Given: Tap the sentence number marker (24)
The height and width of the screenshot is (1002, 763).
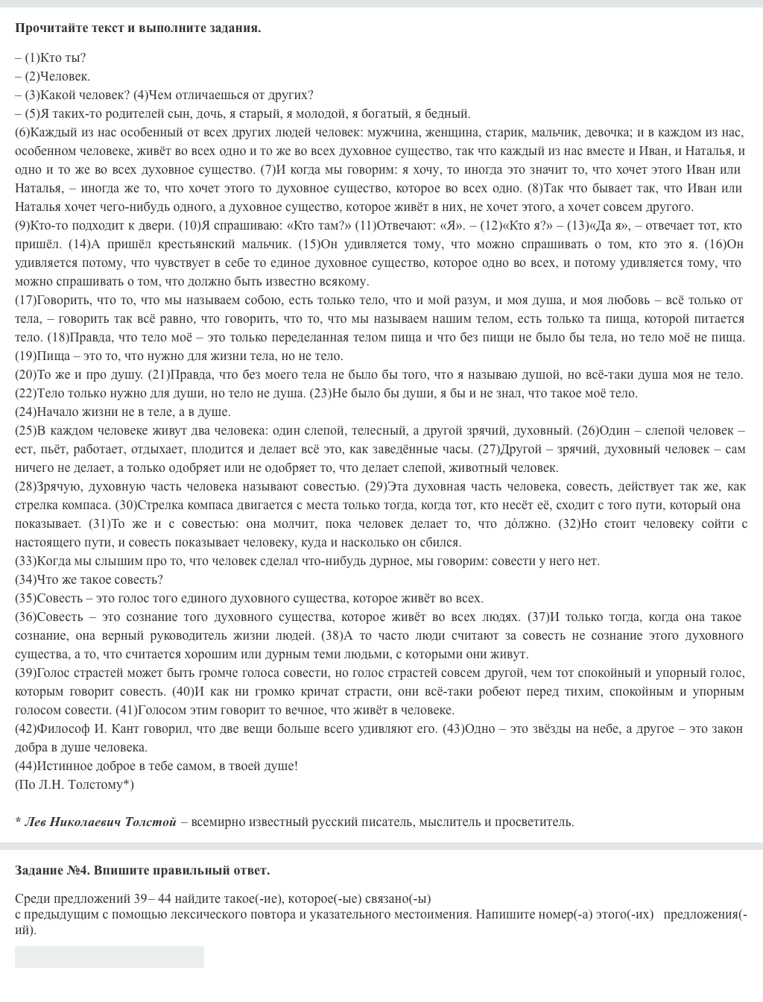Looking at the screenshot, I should [x=25, y=412].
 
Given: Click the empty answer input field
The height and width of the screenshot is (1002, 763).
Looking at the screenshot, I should [x=110, y=957].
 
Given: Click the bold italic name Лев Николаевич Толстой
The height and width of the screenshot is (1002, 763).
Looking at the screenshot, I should [x=101, y=822].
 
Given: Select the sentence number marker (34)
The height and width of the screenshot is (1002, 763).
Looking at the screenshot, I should [x=25, y=579].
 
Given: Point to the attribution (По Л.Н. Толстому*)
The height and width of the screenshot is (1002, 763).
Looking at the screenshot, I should [x=75, y=784].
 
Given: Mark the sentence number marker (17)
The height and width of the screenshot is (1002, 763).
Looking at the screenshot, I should [x=25, y=300].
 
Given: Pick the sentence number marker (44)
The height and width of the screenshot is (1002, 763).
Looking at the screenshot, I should [x=25, y=766].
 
